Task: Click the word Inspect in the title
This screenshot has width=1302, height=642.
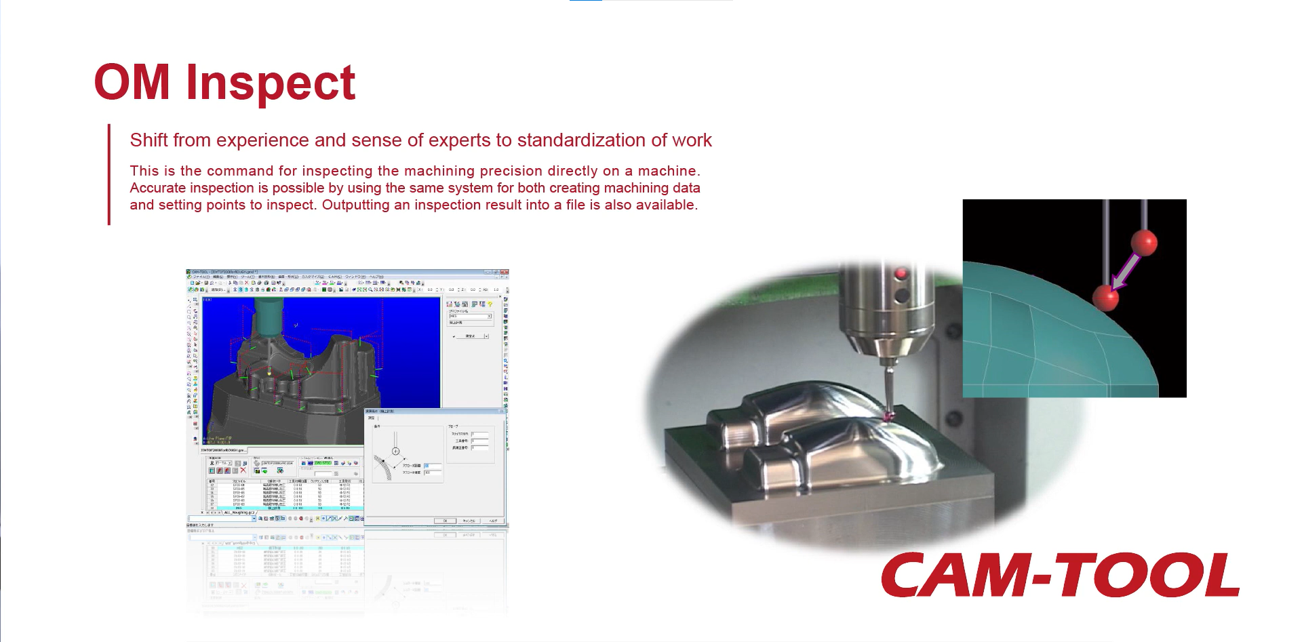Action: point(271,83)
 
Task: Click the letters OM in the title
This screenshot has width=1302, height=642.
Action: point(132,83)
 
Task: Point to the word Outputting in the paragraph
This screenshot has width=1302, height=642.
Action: point(355,205)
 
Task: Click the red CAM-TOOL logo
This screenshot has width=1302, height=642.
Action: point(1060,575)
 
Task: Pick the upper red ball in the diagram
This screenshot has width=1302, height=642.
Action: point(1144,242)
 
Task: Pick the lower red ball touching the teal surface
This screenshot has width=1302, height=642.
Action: point(1105,297)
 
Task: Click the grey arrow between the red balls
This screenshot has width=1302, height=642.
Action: point(1125,270)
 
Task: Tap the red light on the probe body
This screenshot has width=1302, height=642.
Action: point(901,274)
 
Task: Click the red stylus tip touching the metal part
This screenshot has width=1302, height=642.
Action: point(890,416)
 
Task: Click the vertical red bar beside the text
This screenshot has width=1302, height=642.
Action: point(108,174)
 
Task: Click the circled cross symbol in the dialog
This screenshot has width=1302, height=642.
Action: point(395,451)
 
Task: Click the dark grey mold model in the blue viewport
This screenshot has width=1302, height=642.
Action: point(292,393)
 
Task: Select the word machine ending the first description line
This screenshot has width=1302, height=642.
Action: point(668,171)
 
